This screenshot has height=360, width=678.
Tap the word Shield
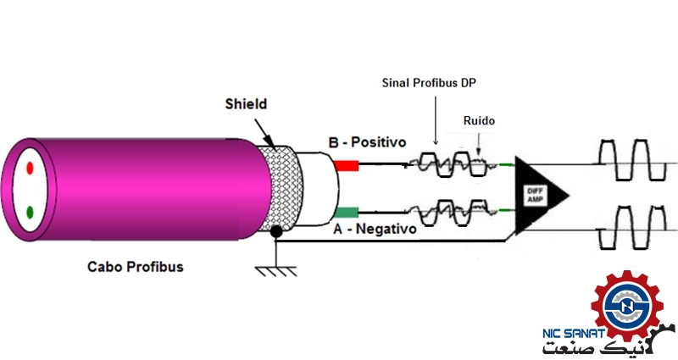246,103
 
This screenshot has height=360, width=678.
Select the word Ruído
479,121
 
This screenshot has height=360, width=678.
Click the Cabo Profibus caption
136,266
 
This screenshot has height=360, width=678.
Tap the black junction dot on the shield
275,244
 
